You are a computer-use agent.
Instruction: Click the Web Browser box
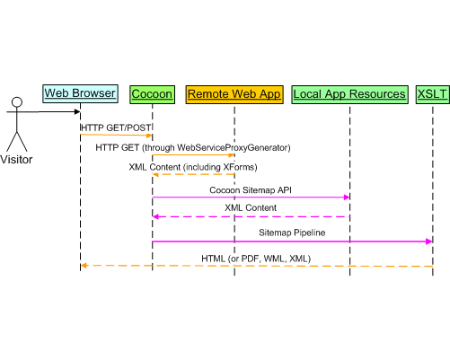click(x=80, y=93)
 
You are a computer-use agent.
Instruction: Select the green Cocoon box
click(x=152, y=93)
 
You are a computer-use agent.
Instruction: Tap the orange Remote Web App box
click(x=234, y=93)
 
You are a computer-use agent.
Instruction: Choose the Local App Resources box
click(x=349, y=93)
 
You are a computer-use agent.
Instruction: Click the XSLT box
click(x=432, y=93)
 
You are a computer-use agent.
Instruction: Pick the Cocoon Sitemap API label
click(x=251, y=189)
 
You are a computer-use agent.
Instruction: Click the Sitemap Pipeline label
click(x=293, y=232)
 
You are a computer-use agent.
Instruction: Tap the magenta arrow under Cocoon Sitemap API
click(x=251, y=197)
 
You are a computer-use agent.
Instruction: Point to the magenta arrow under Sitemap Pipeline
click(x=293, y=241)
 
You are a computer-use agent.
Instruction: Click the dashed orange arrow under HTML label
click(x=256, y=266)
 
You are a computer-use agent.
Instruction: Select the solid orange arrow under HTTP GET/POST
click(x=116, y=136)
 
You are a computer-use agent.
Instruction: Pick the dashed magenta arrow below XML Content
click(x=251, y=216)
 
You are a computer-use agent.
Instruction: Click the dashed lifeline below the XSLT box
click(x=432, y=180)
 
